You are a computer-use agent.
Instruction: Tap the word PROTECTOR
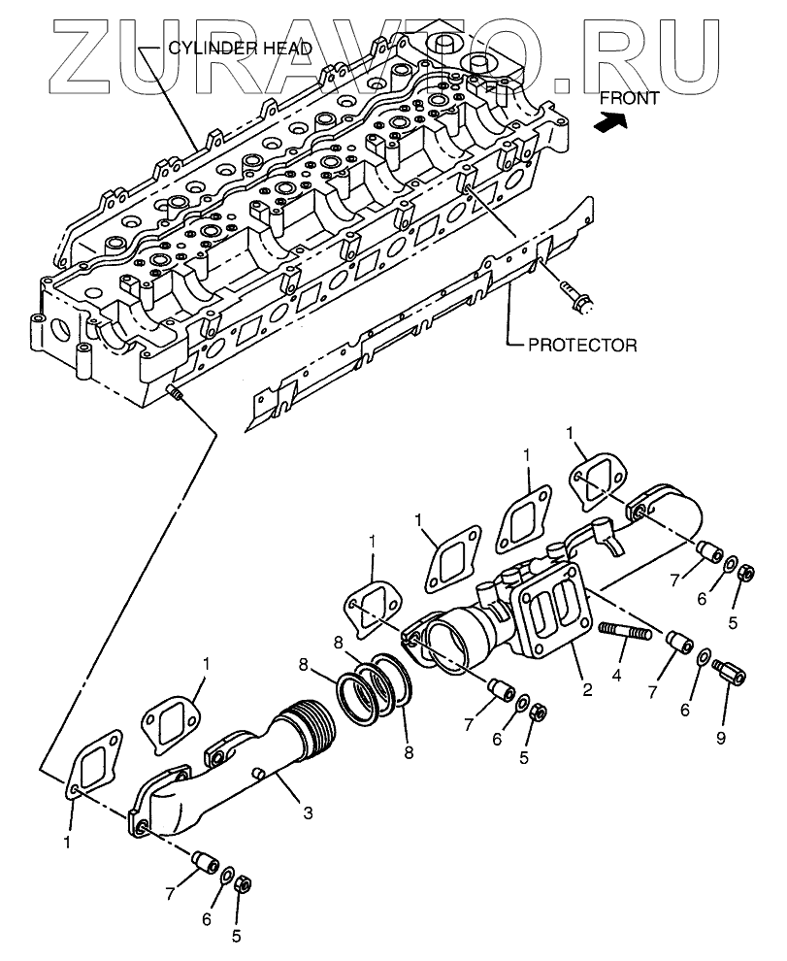point(582,345)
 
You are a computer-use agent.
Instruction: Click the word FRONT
point(629,97)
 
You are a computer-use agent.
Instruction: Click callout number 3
point(308,813)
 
